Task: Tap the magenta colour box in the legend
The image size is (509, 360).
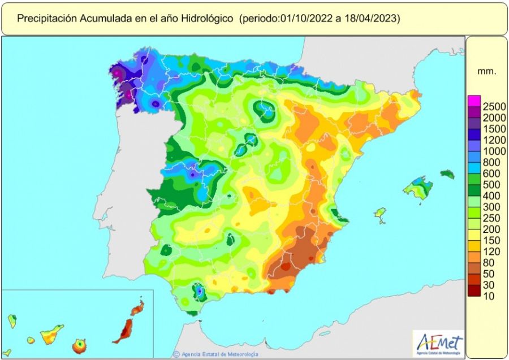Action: pyautogui.click(x=473, y=101)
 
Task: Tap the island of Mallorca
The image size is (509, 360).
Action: pyautogui.click(x=419, y=188)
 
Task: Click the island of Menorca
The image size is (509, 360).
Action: pyautogui.click(x=447, y=174)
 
